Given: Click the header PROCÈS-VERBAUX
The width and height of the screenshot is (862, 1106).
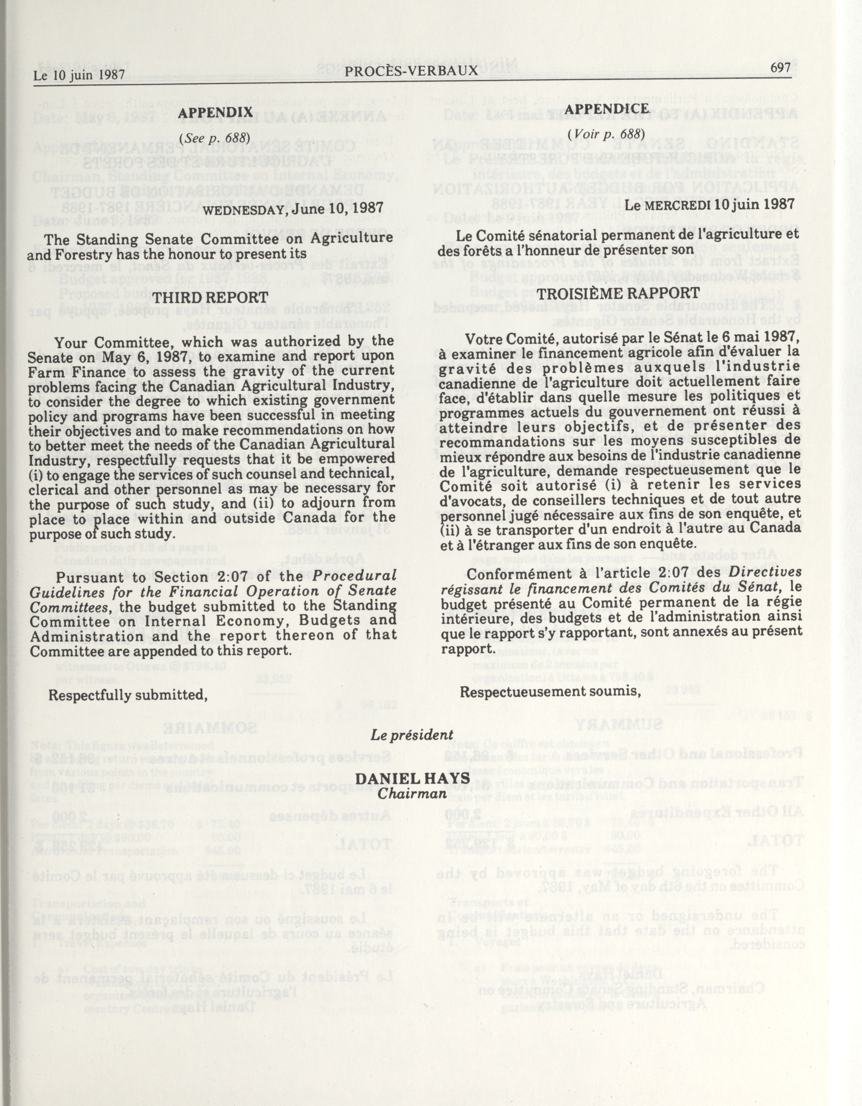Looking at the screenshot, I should coord(411,70).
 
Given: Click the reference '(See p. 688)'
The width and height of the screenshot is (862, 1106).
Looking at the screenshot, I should coord(214,138).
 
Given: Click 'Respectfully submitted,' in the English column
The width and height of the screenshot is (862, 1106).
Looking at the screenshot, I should coord(128,695).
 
